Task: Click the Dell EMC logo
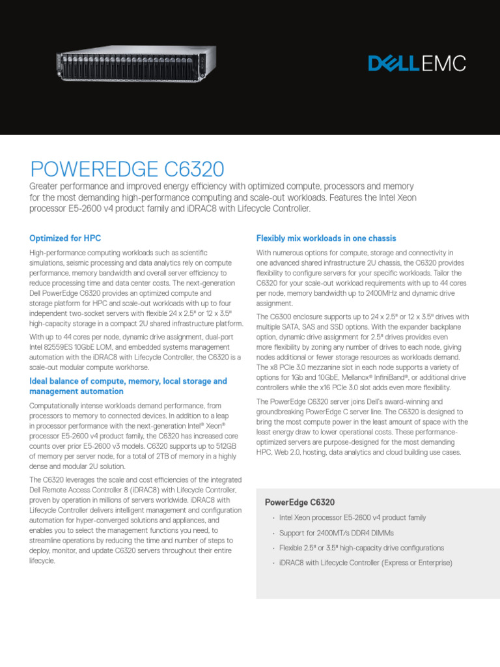(x=417, y=64)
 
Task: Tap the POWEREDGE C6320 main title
(x=128, y=170)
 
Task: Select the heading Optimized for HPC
(x=65, y=238)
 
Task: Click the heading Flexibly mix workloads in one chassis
(x=326, y=238)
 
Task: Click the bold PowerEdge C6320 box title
(x=300, y=502)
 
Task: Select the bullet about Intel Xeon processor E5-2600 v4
(x=352, y=518)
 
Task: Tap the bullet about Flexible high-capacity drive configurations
(x=361, y=548)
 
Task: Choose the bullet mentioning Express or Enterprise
(x=365, y=563)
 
